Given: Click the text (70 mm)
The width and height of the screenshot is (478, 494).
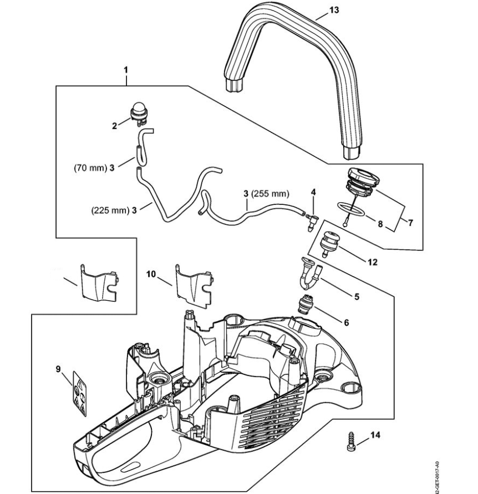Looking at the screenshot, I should pos(89,168).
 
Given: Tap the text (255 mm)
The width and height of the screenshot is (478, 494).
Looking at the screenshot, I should pos(270,194).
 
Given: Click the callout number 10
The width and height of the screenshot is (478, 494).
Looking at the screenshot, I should pos(152,274).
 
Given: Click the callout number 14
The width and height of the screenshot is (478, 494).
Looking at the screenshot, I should pos(376,436).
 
